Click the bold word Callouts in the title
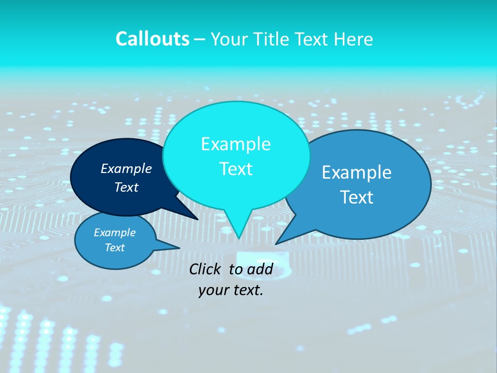click(x=152, y=39)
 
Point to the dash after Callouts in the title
click(x=200, y=39)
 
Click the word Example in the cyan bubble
click(x=236, y=144)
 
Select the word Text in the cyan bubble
click(x=236, y=169)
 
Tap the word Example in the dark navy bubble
click(x=126, y=168)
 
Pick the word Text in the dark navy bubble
click(x=126, y=187)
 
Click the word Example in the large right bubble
click(x=357, y=172)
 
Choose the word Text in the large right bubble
click(x=357, y=197)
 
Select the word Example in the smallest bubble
click(x=114, y=233)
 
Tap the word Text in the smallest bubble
click(x=114, y=248)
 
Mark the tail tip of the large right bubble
click(x=277, y=242)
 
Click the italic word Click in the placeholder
click(x=206, y=269)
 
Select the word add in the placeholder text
click(x=260, y=269)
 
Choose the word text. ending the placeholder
click(x=246, y=290)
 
